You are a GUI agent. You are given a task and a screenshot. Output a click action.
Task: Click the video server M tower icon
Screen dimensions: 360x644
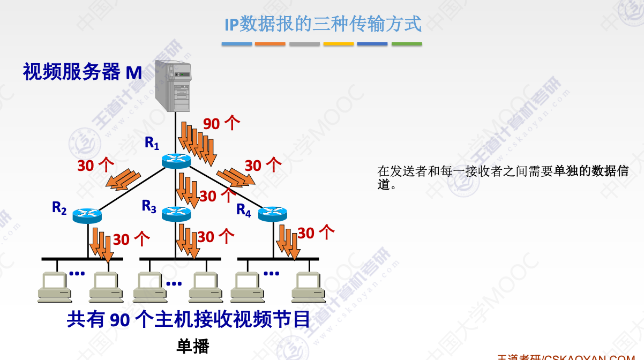(x=174, y=86)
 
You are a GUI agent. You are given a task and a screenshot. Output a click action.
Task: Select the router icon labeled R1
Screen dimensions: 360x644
(x=176, y=160)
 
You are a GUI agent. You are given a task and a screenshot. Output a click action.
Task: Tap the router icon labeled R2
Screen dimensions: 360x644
(x=87, y=215)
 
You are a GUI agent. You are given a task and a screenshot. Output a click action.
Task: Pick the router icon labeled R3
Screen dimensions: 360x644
(x=176, y=214)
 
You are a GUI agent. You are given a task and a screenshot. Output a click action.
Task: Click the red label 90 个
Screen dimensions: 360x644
(x=221, y=124)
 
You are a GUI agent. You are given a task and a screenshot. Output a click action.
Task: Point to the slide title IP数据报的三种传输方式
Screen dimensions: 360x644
(x=323, y=24)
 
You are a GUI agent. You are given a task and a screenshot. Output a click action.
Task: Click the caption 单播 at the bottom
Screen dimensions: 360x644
(x=193, y=346)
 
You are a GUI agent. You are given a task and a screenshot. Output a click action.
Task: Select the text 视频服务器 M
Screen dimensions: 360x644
(x=83, y=72)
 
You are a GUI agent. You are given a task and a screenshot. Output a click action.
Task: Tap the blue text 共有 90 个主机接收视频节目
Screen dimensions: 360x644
(x=189, y=320)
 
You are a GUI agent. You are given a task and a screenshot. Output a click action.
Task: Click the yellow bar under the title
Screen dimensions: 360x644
(x=339, y=44)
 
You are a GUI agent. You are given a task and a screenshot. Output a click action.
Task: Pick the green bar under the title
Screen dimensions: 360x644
(x=407, y=44)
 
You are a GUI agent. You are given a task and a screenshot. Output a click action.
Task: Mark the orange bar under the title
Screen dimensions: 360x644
(x=270, y=44)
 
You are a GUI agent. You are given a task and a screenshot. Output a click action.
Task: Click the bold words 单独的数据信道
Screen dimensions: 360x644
(x=591, y=171)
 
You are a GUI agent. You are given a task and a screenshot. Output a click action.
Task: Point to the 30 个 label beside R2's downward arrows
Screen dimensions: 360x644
(x=131, y=239)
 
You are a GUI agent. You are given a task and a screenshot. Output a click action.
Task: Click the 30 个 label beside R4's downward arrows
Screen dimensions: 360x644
(x=316, y=232)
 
